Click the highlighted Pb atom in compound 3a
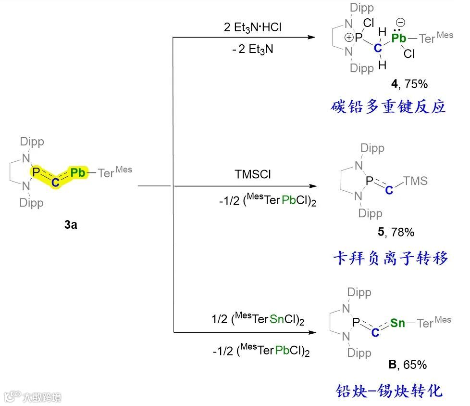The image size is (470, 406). (x=78, y=172)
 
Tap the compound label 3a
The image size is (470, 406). (x=70, y=224)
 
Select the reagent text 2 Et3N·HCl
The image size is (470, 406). (x=252, y=27)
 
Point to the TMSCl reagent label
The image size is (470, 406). (x=253, y=174)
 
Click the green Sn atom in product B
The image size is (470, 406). (x=397, y=323)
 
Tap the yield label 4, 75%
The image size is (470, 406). (x=409, y=84)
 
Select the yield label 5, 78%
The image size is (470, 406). (x=396, y=232)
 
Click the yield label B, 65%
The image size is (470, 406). (x=407, y=365)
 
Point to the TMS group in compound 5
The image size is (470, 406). (x=416, y=181)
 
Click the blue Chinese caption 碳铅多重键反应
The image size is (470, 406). (x=388, y=106)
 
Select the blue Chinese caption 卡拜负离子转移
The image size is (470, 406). (x=390, y=259)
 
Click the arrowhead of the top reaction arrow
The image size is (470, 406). (x=313, y=38)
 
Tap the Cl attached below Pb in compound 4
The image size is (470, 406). (x=409, y=54)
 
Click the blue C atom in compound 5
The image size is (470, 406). (x=389, y=191)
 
